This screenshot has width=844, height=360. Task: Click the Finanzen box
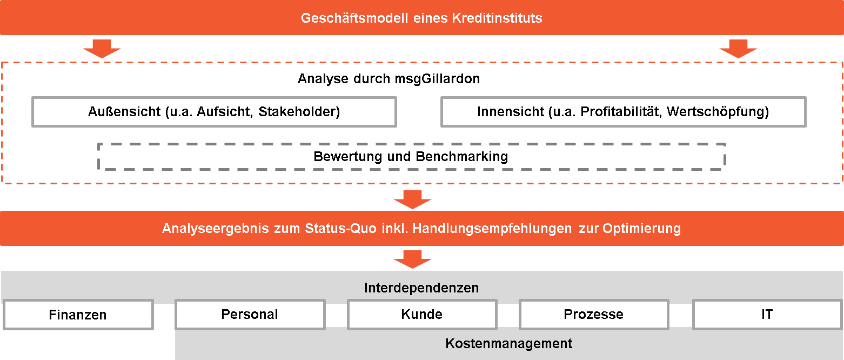78,315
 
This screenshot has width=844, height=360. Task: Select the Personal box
250,315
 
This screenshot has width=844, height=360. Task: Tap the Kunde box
422,315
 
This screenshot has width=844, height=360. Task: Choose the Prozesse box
594,315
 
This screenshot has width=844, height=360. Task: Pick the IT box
767,315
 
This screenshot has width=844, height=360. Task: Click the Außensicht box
214,112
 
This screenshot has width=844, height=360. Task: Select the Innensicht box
623,112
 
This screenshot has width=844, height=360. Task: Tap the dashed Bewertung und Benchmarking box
411,156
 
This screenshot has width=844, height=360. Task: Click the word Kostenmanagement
508,343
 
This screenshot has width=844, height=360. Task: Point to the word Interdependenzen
421,288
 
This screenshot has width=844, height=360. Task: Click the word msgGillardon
438,79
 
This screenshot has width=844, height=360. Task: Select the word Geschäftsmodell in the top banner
354,18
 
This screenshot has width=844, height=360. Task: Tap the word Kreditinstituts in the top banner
497,18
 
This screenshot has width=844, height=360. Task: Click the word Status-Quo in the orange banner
340,229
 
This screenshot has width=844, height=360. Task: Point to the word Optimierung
642,229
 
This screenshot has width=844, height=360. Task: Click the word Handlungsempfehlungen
492,229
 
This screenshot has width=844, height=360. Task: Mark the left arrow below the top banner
102,49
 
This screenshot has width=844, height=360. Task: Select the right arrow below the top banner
739,49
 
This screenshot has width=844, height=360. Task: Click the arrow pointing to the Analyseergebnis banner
413,199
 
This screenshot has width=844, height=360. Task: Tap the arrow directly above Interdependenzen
413,259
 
